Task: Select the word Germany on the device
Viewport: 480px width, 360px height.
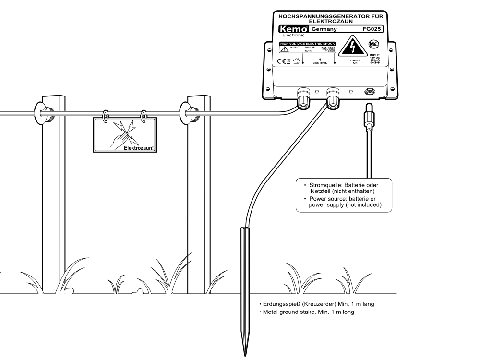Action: pos(324,29)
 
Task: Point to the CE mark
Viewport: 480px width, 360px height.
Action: pos(281,61)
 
